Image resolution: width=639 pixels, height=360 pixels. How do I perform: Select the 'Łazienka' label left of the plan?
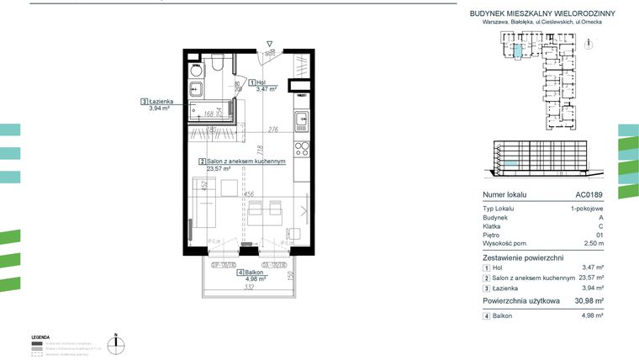159,101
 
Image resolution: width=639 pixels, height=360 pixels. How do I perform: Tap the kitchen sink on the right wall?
301,123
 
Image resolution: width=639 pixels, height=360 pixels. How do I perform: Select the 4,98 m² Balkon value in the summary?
594,315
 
